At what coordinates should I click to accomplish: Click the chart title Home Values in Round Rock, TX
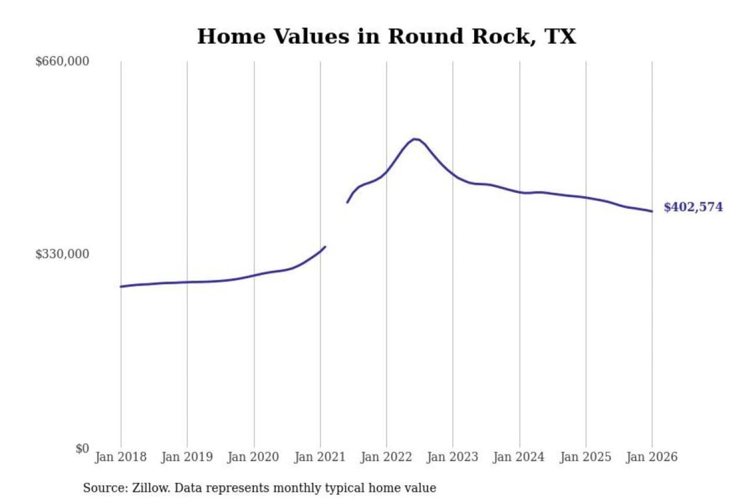point(386,37)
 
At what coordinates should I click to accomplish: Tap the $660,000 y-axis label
point(62,61)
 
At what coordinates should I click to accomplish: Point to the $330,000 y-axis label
point(62,254)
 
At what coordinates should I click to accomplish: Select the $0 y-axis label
point(82,449)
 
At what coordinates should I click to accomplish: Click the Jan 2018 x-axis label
point(120,457)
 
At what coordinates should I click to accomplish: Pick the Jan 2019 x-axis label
point(187,457)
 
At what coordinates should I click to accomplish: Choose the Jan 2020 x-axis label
point(253,457)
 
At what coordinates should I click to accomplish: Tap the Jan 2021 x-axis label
point(320,457)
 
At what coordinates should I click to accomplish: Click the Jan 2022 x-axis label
point(386,457)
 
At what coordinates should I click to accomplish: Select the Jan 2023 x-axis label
point(452,457)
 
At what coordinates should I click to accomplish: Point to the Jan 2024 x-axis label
point(518,457)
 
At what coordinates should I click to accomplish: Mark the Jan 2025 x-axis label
point(585,457)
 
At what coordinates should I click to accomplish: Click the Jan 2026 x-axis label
point(652,457)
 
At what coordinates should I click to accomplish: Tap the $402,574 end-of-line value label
point(693,207)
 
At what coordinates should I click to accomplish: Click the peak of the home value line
point(415,139)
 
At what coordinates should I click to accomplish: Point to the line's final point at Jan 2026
point(652,211)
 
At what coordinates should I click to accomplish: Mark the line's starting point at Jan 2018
point(121,287)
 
